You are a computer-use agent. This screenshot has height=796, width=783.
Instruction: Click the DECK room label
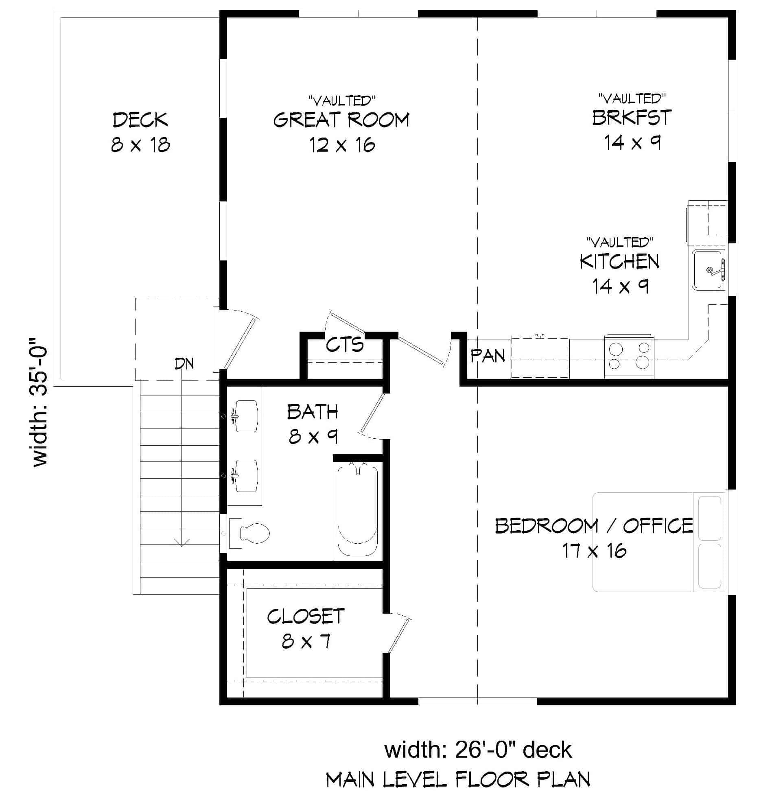pos(140,120)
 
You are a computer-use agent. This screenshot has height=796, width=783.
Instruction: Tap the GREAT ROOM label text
pos(341,120)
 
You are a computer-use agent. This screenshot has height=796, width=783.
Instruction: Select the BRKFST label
pos(632,118)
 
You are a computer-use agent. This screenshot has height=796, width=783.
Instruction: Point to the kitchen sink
pos(709,270)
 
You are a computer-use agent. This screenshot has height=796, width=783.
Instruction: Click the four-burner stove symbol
pos(629,356)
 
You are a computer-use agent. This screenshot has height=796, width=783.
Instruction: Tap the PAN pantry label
pos(488,356)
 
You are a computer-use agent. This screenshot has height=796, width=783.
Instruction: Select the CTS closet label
pos(345,345)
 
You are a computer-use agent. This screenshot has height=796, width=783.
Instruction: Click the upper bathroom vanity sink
pos(246,416)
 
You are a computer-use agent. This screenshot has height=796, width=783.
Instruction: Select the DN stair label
pos(184,363)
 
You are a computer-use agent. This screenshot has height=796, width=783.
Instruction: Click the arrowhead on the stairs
pos(182,543)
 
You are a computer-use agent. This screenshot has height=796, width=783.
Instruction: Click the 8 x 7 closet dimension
pos(306,641)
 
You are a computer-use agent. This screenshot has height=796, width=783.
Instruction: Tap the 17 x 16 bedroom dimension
pos(594,551)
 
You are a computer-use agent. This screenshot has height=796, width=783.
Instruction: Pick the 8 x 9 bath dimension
pos(313,436)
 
